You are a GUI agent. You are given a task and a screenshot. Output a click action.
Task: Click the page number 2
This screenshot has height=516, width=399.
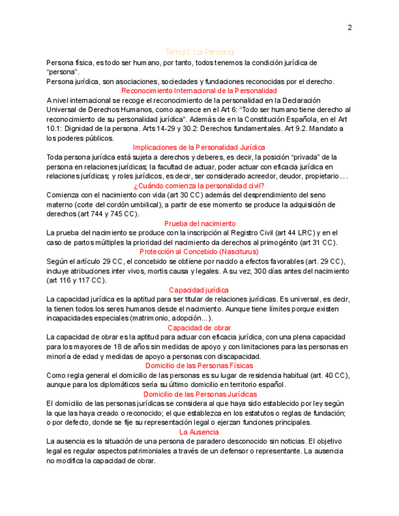point(350,27)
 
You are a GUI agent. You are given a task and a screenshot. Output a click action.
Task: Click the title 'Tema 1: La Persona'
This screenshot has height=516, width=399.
point(199,52)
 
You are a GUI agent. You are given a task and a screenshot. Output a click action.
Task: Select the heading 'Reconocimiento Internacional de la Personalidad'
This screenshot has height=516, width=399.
point(199,91)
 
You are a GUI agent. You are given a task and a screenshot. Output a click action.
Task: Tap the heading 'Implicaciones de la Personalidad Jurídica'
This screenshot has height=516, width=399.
point(199,147)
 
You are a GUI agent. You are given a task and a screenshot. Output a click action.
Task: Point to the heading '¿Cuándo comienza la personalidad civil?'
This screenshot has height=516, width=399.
point(199,186)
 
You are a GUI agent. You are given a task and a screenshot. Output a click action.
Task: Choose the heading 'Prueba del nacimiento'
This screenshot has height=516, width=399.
point(199,223)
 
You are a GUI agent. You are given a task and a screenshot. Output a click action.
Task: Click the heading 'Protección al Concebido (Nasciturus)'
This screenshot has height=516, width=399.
point(199,251)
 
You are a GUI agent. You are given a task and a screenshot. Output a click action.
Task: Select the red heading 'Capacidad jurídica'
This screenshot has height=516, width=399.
point(199,290)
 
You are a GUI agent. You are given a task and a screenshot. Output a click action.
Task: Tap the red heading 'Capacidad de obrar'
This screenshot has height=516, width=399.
point(199,327)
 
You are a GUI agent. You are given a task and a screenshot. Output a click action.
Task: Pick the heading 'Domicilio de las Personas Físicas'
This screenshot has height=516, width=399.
point(199,366)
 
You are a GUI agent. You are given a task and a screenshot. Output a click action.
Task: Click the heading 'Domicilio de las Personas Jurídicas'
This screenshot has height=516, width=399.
point(199,394)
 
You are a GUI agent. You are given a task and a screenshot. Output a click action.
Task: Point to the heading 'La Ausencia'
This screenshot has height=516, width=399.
point(199,432)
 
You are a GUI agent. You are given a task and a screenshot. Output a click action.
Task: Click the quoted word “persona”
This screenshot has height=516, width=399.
point(59,72)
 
